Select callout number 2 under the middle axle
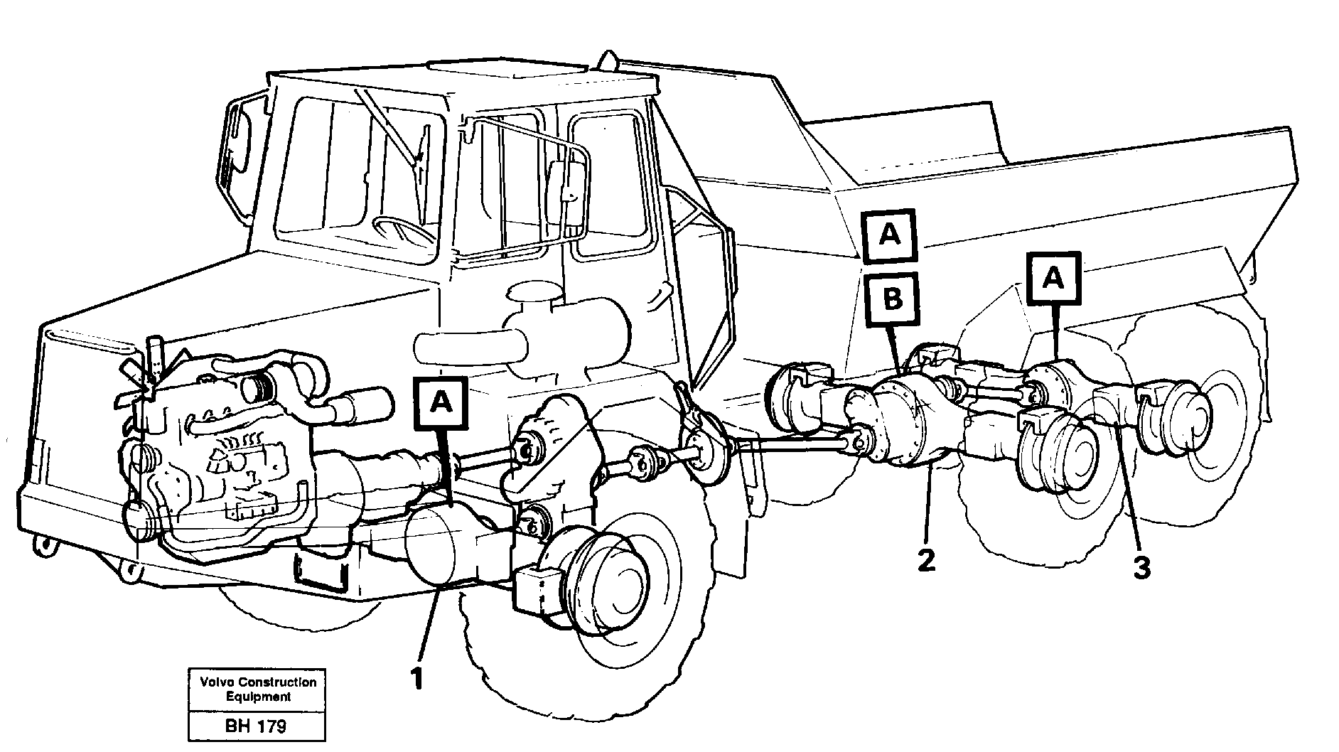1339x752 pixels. tap(926, 562)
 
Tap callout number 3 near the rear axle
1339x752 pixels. tap(1141, 566)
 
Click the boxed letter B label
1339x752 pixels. tap(892, 299)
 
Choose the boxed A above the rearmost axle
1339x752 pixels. tap(1053, 279)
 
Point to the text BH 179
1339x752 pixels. tap(256, 726)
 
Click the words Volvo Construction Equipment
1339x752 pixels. tap(257, 689)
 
